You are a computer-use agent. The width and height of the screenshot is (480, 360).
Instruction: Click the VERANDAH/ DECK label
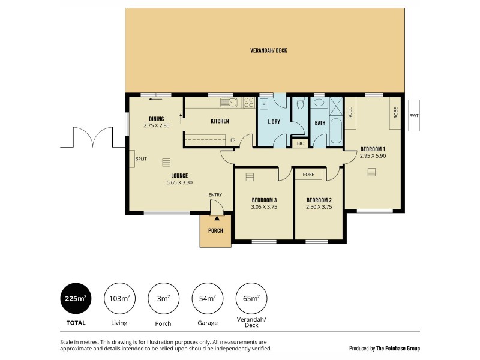(268, 50)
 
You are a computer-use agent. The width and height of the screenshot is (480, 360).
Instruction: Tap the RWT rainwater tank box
(414, 115)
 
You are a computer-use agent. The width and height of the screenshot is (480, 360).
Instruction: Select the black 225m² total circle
(76, 298)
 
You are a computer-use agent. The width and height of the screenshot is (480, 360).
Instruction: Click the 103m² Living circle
(119, 298)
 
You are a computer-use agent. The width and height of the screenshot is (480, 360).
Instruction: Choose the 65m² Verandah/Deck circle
(251, 298)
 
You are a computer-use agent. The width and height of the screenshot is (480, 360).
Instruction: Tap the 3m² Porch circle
(163, 298)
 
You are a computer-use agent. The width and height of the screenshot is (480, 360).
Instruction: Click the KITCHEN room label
(220, 122)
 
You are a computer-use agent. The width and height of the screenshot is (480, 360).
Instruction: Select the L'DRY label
(274, 122)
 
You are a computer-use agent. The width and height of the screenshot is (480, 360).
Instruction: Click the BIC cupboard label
(300, 143)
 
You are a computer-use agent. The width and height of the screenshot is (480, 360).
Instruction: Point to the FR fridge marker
(232, 140)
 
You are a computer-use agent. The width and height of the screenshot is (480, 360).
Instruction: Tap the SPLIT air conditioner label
(141, 159)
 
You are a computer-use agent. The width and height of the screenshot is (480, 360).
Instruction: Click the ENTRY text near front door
(215, 195)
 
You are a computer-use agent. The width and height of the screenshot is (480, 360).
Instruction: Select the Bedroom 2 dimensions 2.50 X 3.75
(319, 207)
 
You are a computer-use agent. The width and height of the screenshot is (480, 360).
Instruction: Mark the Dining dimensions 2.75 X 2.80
(157, 125)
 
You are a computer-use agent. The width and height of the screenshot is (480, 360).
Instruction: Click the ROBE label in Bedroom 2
(308, 175)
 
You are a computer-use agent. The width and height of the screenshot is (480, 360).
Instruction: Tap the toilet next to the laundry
(300, 106)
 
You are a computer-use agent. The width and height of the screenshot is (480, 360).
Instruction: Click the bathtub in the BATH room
(336, 131)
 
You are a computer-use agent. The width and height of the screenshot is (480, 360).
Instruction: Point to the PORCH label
(215, 231)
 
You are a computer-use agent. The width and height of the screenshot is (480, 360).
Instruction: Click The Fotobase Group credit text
(385, 348)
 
